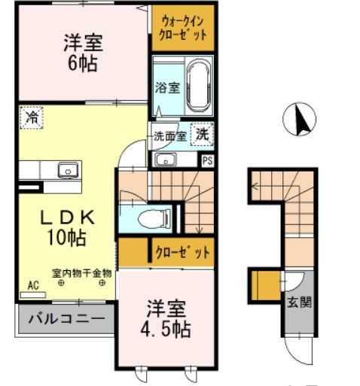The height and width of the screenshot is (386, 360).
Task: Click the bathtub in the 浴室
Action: click(200, 84)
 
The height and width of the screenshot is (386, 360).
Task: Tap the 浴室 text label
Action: click(166, 87)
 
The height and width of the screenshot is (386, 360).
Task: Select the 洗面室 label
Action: click(169, 137)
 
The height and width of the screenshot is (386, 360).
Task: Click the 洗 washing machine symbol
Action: click(202, 135)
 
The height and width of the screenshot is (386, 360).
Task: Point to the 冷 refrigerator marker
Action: click(31, 117)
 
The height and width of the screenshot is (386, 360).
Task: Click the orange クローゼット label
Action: click(182, 252)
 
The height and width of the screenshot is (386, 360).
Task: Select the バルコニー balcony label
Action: click(66, 319)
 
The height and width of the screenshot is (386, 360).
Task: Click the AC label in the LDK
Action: click(32, 286)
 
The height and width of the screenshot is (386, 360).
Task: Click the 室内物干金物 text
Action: click(82, 273)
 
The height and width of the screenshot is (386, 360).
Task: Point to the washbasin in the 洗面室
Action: click(165, 159)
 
